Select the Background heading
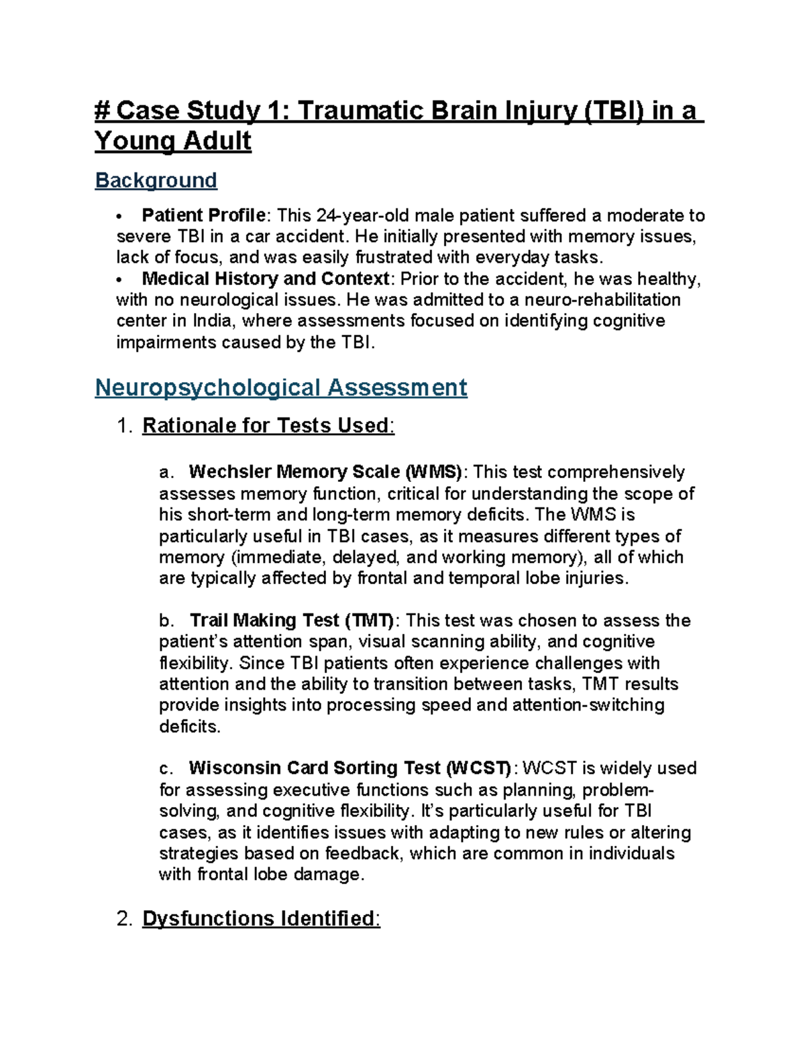[x=156, y=180]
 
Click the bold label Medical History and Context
[x=266, y=278]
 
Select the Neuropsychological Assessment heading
[x=280, y=387]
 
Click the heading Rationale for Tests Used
[x=266, y=426]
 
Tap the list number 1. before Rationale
[x=125, y=426]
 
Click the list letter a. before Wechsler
[x=166, y=472]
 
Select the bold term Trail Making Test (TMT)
[x=292, y=620]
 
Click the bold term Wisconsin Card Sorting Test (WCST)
[x=350, y=768]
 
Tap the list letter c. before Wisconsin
[x=166, y=768]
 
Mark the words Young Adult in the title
[x=173, y=141]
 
